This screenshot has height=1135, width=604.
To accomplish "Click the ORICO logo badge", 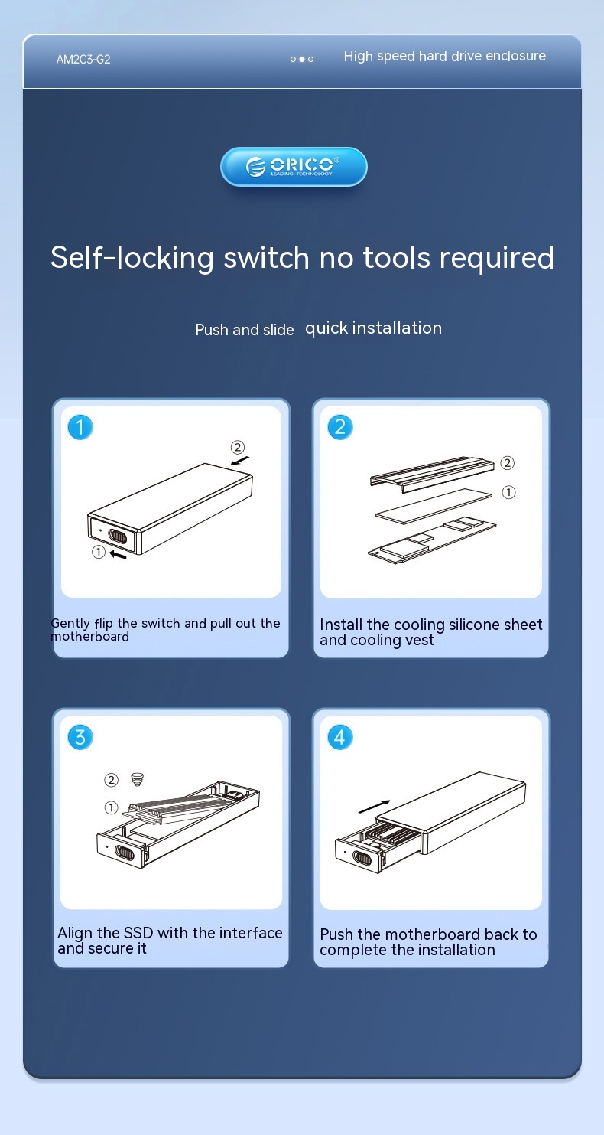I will pos(294,167).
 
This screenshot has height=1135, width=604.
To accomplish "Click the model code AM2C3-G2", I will pos(83,59).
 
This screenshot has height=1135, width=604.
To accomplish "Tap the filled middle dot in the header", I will pos(302,59).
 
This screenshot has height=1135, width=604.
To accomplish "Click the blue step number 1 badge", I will pos(80,427).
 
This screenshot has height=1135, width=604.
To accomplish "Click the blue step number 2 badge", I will pos(340,427).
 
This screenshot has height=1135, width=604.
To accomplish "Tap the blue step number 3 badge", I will pos(80,737).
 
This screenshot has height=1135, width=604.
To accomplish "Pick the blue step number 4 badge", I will pos(340,737).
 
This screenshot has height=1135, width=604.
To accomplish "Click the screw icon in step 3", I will pos(138,779).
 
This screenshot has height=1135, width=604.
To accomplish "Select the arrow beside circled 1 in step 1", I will pos(118,554).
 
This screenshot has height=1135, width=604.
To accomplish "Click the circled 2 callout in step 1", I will pos(238,447).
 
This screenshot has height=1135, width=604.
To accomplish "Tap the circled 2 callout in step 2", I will pos(508,463).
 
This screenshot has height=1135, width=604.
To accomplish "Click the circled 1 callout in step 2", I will pos(508,492).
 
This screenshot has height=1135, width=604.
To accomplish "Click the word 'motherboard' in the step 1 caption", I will pos(90,637).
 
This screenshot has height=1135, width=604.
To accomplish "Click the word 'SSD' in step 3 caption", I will pos(139,933).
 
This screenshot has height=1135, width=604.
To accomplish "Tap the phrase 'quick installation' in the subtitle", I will pos(373,328).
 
